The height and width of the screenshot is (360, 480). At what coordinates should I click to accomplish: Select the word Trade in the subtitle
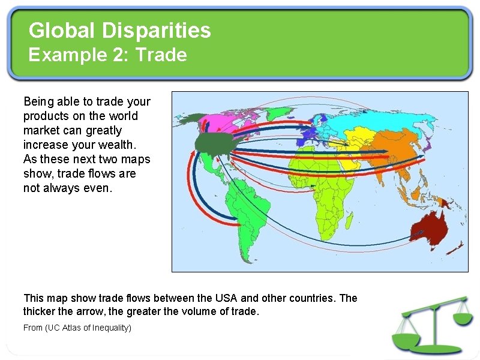(161, 55)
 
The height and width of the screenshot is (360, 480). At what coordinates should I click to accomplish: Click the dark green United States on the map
(213, 143)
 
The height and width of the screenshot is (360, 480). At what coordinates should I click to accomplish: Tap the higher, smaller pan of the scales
(463, 317)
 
